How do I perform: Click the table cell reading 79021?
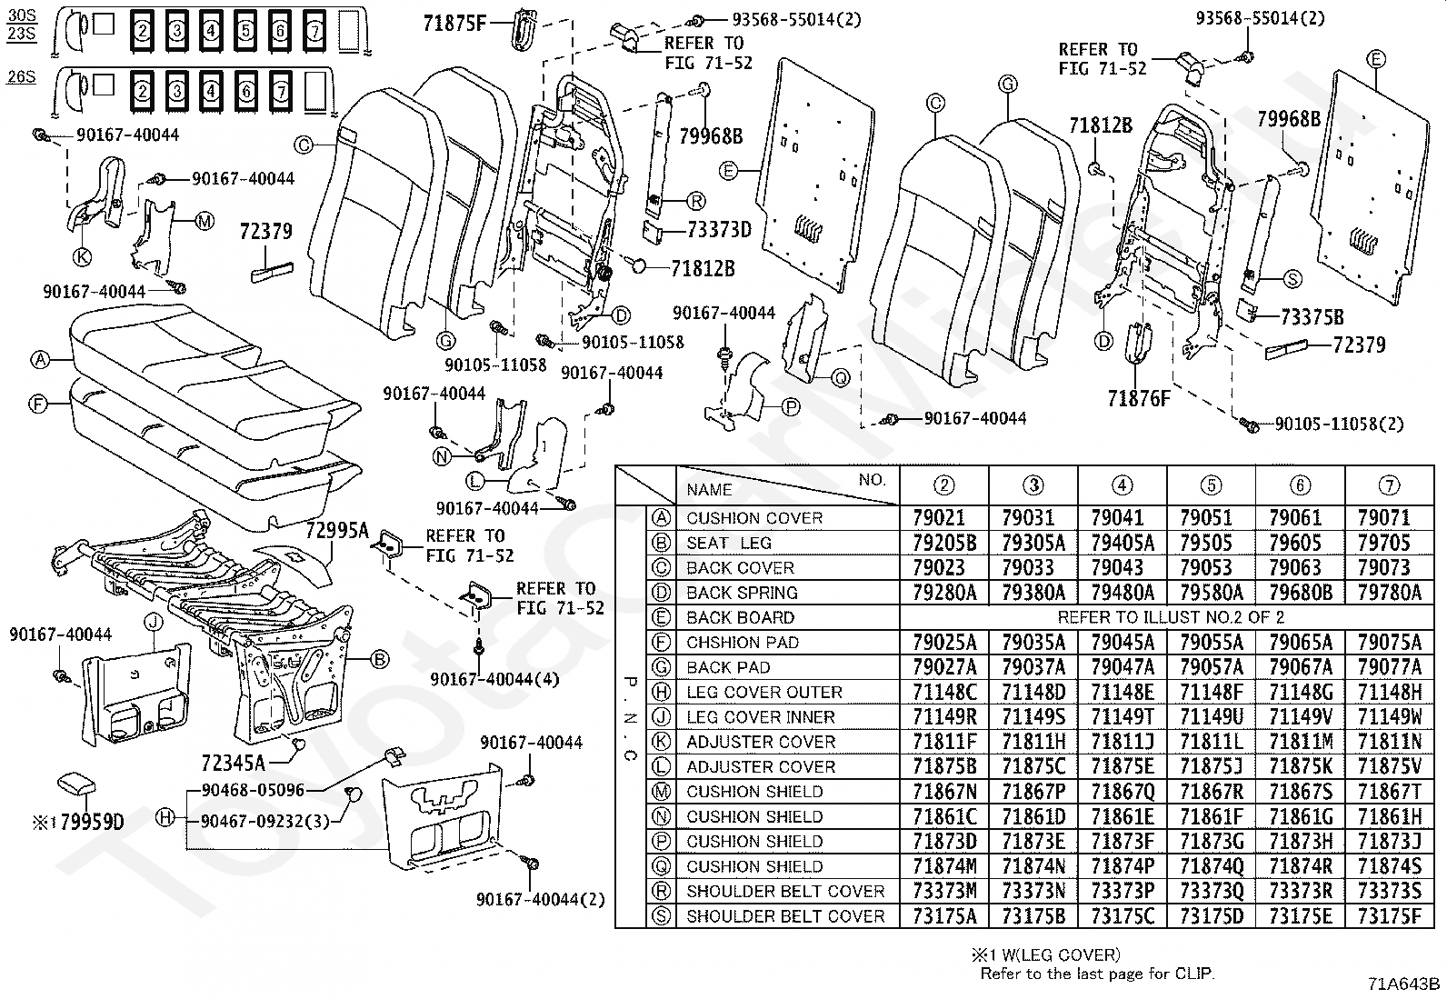pos(943,518)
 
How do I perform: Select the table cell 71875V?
pos(1389,766)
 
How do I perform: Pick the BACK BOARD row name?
pos(740,617)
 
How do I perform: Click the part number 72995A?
pos(336,531)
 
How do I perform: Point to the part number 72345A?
pos(233,762)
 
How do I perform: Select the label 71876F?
pos(1139,397)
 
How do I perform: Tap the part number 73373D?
pos(720,230)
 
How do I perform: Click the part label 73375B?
pos(1312,317)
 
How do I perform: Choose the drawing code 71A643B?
pos(1404,984)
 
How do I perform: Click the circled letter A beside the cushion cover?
pos(39,359)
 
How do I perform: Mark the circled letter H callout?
pos(165,818)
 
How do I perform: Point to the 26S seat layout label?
pos(20,76)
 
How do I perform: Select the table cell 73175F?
pos(1389,915)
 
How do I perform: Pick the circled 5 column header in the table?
pos(1211,485)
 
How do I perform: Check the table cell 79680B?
pos(1300,593)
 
